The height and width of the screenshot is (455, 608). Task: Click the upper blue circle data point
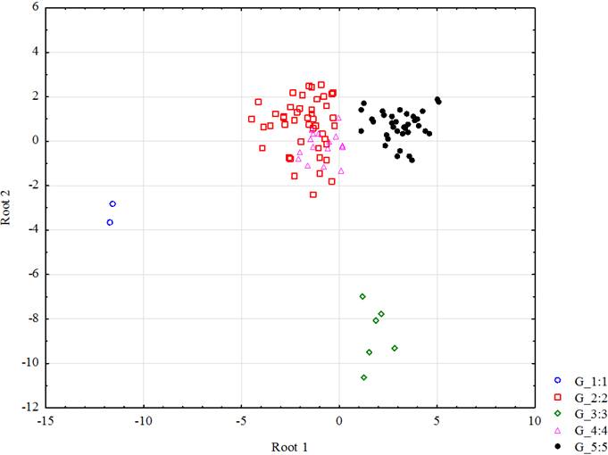[112, 204]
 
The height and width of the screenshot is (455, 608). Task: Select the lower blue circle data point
[110, 222]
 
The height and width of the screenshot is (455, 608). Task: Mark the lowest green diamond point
[364, 377]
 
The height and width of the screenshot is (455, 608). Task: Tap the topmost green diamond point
[362, 296]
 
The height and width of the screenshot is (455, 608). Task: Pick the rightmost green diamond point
[395, 348]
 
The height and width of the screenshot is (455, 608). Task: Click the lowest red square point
[313, 194]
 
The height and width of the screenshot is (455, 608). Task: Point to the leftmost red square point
[252, 119]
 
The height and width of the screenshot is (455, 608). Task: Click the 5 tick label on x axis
[437, 420]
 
